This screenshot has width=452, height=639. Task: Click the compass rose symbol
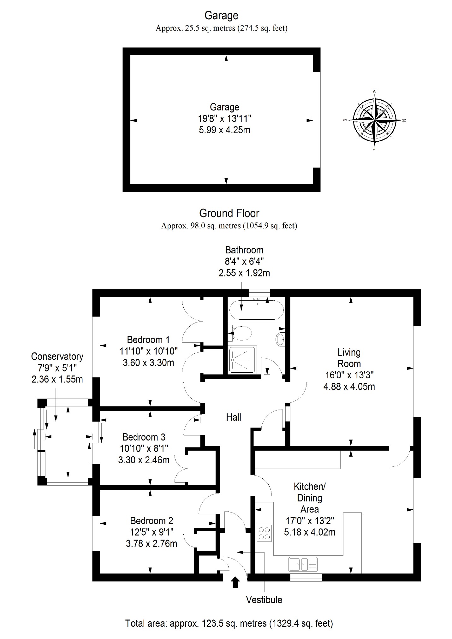(x=374, y=120)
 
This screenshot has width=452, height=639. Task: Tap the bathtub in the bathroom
(x=256, y=310)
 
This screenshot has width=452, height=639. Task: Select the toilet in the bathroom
(x=241, y=334)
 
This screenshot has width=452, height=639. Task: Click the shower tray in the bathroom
(x=243, y=359)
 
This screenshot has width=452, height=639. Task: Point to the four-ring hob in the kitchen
(x=264, y=533)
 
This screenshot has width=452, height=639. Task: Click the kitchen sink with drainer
(x=303, y=564)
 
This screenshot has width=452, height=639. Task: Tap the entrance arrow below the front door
(x=235, y=582)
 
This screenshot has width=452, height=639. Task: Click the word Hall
(x=234, y=417)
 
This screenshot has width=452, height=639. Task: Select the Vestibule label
(x=264, y=600)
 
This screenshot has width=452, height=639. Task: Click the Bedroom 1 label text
(x=148, y=340)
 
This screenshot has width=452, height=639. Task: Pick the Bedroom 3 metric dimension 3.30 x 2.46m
(x=144, y=460)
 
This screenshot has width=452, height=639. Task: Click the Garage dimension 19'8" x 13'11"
(x=224, y=119)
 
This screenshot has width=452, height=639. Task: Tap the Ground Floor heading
(x=229, y=213)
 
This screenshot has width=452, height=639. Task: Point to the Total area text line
(x=229, y=624)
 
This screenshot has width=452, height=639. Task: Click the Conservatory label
(x=57, y=357)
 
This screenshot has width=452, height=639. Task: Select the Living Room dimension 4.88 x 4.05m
(x=349, y=386)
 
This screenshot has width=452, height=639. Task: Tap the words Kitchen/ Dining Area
(x=310, y=498)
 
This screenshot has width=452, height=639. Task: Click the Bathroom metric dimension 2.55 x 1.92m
(x=244, y=273)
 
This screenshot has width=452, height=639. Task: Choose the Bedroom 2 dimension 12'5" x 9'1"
(x=152, y=532)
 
